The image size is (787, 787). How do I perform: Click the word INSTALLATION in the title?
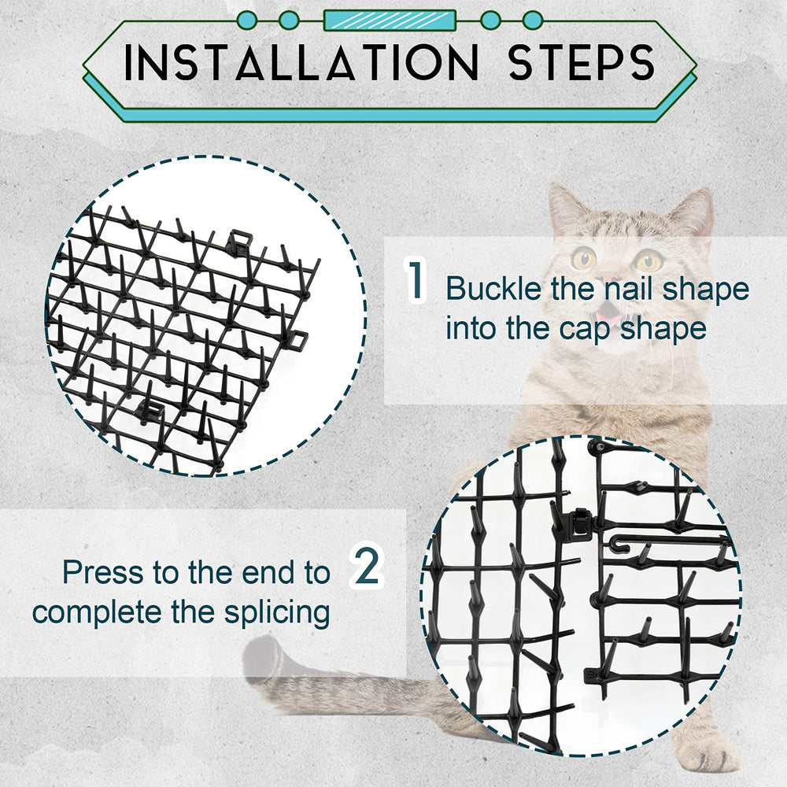(x=301, y=62)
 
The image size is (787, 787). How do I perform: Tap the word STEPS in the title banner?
(x=582, y=62)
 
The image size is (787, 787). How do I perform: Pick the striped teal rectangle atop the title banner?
(x=390, y=20)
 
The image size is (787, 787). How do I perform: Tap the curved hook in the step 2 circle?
(x=622, y=542)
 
